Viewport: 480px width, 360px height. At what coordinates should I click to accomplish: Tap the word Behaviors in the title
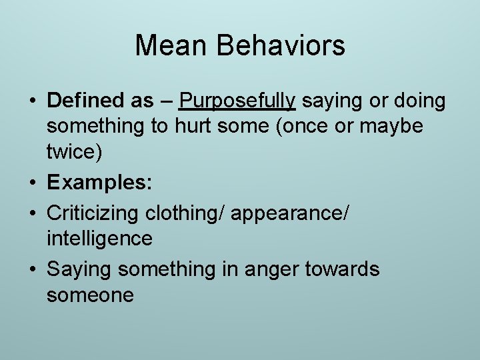click(281, 46)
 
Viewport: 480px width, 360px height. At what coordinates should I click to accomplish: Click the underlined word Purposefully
click(237, 101)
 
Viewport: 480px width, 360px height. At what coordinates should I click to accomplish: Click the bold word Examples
click(99, 183)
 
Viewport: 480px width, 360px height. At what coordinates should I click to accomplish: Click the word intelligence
click(99, 238)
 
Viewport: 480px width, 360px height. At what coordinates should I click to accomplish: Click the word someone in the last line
click(90, 295)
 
